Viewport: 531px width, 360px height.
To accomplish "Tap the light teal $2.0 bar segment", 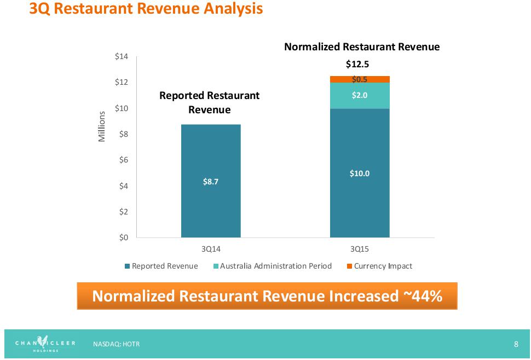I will tap(360, 95).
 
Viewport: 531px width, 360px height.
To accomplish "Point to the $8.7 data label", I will tap(211, 182).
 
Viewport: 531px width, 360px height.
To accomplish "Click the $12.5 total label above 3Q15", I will tap(357, 64).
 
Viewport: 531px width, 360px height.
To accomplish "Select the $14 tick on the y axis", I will tap(120, 56).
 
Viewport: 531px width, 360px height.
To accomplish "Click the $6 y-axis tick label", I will tap(122, 160).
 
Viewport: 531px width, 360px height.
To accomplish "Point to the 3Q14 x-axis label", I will tap(211, 249).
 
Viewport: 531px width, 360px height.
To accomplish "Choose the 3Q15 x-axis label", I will tap(360, 249).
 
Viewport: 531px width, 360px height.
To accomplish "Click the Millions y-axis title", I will tap(101, 127).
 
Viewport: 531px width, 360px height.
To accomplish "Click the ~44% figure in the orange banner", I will tap(423, 296).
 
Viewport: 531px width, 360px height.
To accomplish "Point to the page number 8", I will tap(516, 344).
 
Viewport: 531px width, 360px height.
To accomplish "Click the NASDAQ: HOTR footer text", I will tap(116, 344).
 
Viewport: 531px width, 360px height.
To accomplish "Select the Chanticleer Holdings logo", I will tap(45, 344).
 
